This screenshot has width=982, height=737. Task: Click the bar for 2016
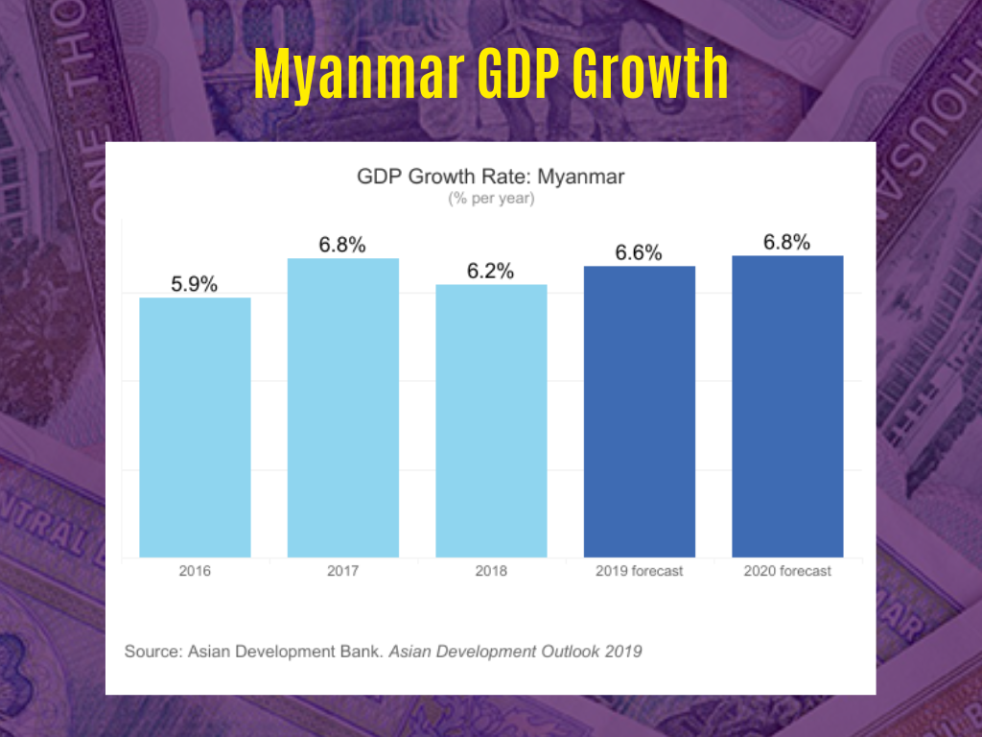(x=195, y=427)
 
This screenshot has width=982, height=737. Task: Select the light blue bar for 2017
(x=342, y=408)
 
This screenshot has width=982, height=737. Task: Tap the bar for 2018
(x=491, y=420)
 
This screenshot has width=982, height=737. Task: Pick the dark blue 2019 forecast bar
(x=639, y=411)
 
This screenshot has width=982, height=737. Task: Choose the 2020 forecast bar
(x=787, y=406)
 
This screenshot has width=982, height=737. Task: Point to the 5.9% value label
(x=195, y=284)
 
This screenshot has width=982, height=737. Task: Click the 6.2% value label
(x=491, y=272)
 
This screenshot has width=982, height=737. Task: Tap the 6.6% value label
(x=639, y=253)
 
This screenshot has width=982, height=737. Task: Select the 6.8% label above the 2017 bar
(x=342, y=245)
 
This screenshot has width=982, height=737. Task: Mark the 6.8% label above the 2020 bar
(x=787, y=242)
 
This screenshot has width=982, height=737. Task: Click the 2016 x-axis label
(x=195, y=571)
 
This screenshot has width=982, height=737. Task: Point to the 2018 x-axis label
(x=491, y=571)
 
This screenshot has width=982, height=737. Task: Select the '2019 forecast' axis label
(x=639, y=571)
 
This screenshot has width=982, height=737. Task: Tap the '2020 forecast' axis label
(x=787, y=571)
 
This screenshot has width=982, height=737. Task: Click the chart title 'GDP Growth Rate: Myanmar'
(x=491, y=178)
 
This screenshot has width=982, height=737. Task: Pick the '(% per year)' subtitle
(x=491, y=200)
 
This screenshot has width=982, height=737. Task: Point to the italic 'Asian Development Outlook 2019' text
(x=515, y=652)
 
